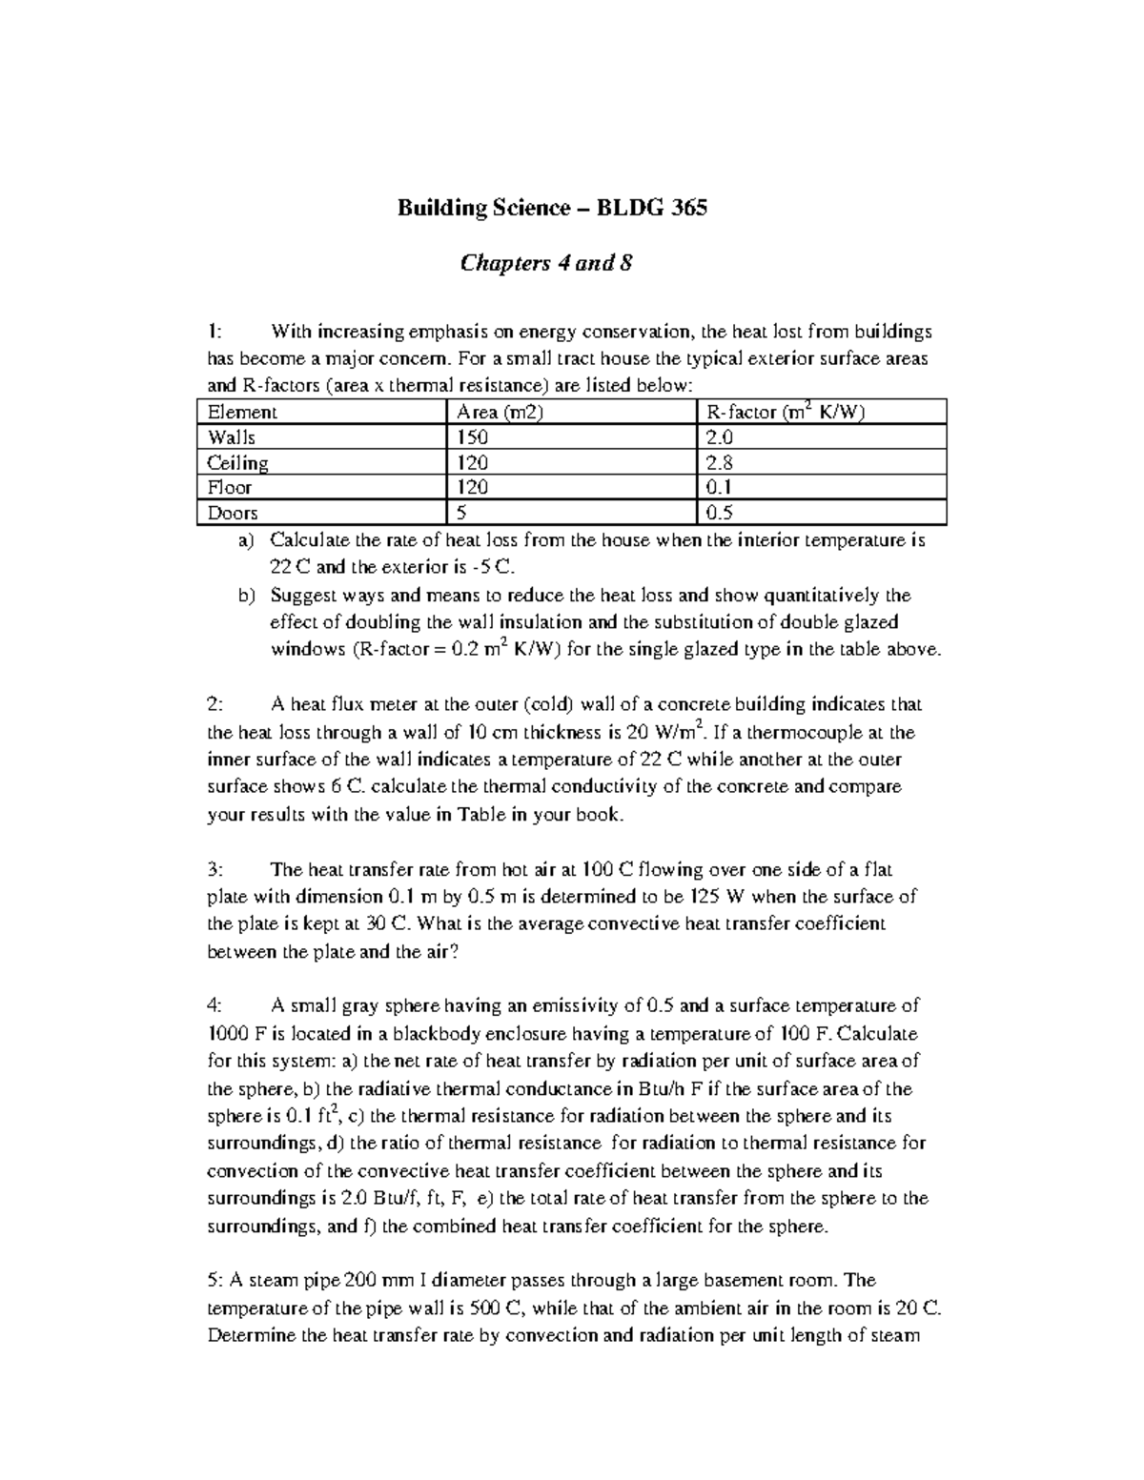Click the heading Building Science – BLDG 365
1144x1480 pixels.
[x=552, y=208]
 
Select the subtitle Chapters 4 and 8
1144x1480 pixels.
[x=546, y=263]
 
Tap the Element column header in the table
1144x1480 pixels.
[x=242, y=413]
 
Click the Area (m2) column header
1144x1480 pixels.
[x=495, y=413]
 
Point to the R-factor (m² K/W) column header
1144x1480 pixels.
[x=785, y=413]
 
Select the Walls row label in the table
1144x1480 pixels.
[x=232, y=437]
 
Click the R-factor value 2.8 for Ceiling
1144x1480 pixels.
[x=720, y=463]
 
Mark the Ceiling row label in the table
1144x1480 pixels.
[x=238, y=463]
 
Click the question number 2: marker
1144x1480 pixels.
[x=215, y=705]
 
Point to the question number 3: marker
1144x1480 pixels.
[x=215, y=869]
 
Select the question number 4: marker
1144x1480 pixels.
[x=215, y=1005]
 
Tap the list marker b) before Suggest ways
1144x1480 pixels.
[x=247, y=596]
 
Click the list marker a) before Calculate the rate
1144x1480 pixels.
[x=247, y=540]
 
